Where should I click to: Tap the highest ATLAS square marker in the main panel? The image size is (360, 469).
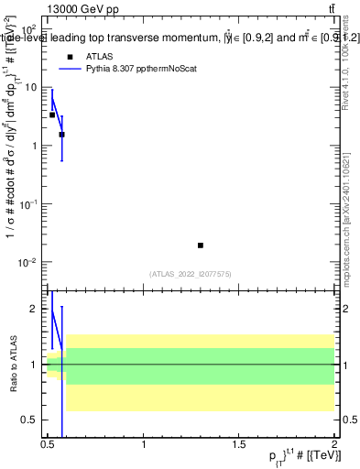(x=52, y=115)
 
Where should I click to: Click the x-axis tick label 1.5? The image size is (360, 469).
(x=239, y=445)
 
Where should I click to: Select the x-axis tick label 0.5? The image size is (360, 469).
(x=48, y=445)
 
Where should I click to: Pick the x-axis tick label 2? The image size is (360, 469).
(x=333, y=445)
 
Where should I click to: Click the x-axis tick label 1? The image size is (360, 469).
(x=144, y=445)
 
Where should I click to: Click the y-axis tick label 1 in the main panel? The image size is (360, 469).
(x=37, y=146)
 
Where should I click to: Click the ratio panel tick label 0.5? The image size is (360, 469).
(x=33, y=420)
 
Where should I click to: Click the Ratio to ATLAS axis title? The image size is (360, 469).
(x=13, y=365)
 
